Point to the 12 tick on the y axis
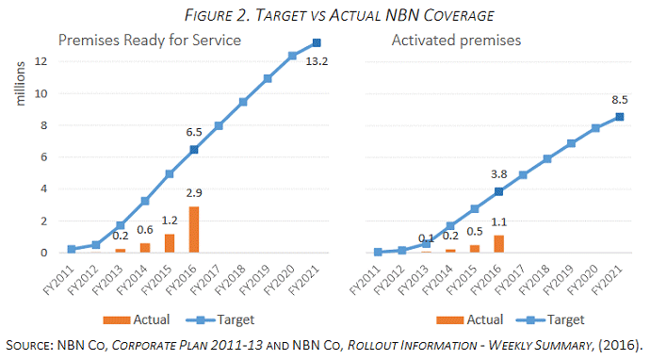click(41, 61)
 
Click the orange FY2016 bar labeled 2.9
click(194, 229)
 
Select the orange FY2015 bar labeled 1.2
click(170, 243)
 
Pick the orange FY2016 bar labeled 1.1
click(498, 244)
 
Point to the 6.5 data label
click(192, 131)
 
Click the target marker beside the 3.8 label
click(499, 191)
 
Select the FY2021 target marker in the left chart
click(317, 42)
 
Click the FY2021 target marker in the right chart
click(620, 116)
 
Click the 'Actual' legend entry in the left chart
click(146, 319)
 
